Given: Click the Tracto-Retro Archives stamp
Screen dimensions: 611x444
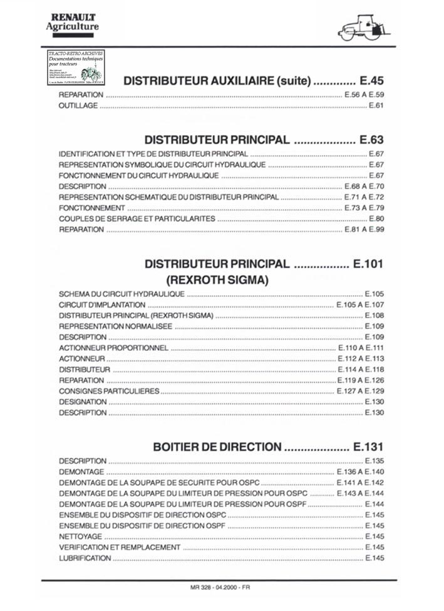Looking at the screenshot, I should (x=76, y=68).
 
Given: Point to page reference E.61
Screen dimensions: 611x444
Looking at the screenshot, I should (x=376, y=106).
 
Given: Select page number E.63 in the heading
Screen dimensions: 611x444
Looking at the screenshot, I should (x=372, y=139).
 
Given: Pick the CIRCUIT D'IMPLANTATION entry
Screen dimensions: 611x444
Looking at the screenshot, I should (x=102, y=305).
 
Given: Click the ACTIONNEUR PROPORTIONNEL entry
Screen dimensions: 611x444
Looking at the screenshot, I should (x=113, y=348).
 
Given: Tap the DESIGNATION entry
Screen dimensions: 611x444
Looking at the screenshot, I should (x=83, y=402).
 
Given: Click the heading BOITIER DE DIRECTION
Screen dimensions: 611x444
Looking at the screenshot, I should (x=217, y=447).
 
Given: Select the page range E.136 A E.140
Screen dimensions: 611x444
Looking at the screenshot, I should (x=360, y=472).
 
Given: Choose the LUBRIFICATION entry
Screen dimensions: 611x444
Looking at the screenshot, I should (x=85, y=558).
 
